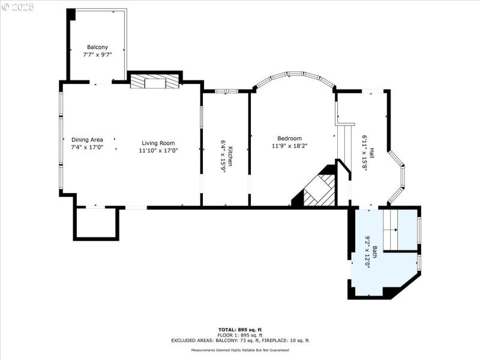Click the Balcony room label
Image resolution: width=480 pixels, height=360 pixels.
click(x=97, y=47)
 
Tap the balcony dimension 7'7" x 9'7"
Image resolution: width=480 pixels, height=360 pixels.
click(x=97, y=54)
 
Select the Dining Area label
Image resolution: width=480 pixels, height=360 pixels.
click(x=87, y=140)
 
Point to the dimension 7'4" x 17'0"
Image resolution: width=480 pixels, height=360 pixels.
click(x=87, y=147)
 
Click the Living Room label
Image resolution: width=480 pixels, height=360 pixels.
click(x=158, y=143)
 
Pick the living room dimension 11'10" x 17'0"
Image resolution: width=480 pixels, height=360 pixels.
click(x=158, y=151)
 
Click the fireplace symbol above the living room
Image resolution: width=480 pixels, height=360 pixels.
click(x=155, y=82)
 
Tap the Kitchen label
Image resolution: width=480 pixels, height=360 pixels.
click(x=229, y=155)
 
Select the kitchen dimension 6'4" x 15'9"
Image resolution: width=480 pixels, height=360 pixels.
click(x=222, y=155)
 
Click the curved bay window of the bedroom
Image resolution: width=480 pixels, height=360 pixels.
click(x=294, y=77)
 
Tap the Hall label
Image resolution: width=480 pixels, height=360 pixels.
click(x=371, y=153)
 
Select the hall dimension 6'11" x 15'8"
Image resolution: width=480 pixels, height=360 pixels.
click(x=364, y=153)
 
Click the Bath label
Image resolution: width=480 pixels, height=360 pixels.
click(x=374, y=252)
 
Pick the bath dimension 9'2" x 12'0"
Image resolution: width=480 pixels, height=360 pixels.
click(x=367, y=252)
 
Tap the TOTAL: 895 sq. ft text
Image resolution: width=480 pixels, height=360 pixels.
click(x=239, y=329)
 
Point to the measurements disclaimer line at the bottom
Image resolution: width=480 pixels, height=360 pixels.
click(x=239, y=350)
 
